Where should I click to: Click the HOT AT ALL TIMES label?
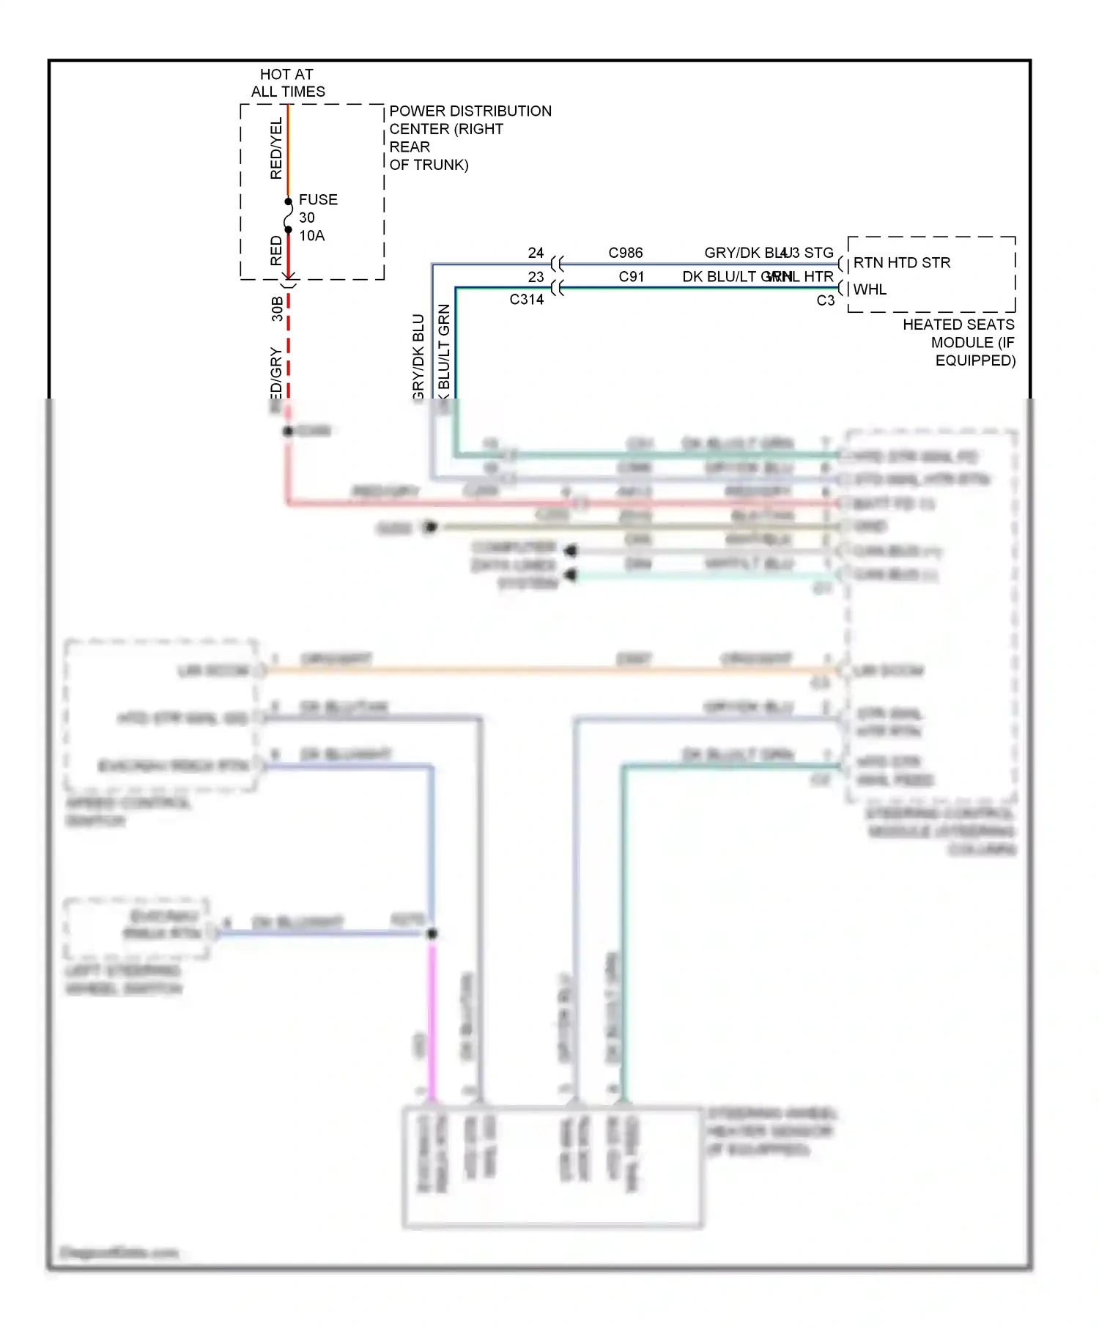tap(287, 83)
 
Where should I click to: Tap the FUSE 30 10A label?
tap(317, 218)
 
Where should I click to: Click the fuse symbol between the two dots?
tap(288, 215)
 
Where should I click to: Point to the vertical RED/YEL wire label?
tap(276, 149)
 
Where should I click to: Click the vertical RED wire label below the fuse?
tap(276, 251)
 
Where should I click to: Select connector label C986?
tap(625, 253)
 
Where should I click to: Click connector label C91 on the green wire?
tap(631, 277)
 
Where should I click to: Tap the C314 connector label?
tap(526, 300)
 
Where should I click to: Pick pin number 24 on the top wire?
tap(536, 253)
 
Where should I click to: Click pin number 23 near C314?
tap(536, 277)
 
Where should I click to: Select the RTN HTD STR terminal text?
tap(901, 263)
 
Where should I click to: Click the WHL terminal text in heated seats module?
tap(870, 289)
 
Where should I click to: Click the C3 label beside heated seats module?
tap(825, 300)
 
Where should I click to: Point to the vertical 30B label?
tap(277, 308)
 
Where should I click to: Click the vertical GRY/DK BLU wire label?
tap(418, 357)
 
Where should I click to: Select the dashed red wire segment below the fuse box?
tap(288, 344)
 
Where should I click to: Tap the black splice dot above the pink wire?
tap(432, 933)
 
